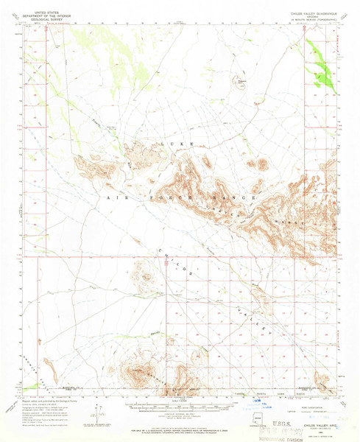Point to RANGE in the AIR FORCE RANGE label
[241, 198]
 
